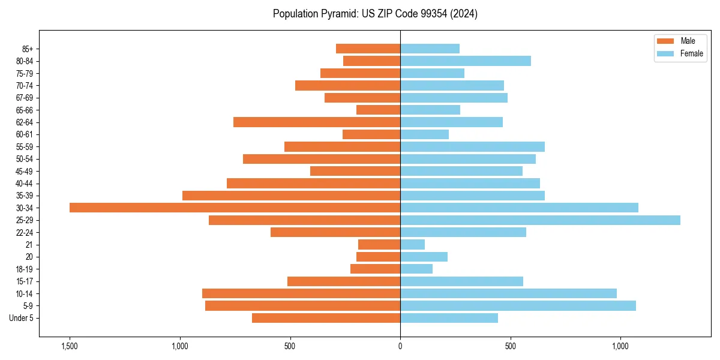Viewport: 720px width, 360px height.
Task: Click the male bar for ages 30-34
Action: pyautogui.click(x=235, y=208)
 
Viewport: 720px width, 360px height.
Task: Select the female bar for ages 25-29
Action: pyautogui.click(x=540, y=220)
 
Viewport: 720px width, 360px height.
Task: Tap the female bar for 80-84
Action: pyautogui.click(x=466, y=61)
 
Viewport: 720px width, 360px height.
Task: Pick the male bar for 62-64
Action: pyautogui.click(x=317, y=122)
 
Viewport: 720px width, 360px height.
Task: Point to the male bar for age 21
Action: pyautogui.click(x=379, y=245)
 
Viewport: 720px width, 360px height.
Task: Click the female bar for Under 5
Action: pyautogui.click(x=449, y=318)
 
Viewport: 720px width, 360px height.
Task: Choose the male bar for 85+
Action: pyautogui.click(x=368, y=49)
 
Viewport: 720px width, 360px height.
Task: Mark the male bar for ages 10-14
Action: pyautogui.click(x=301, y=293)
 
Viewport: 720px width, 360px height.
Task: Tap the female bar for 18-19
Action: pyautogui.click(x=416, y=269)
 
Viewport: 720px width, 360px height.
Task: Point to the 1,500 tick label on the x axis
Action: pyautogui.click(x=70, y=346)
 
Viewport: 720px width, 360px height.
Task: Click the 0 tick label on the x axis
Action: pyautogui.click(x=400, y=346)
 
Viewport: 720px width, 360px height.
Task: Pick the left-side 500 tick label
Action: pyautogui.click(x=290, y=346)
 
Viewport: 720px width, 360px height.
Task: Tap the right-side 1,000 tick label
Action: pyautogui.click(x=620, y=346)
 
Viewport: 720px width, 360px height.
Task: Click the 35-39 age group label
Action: pyautogui.click(x=25, y=196)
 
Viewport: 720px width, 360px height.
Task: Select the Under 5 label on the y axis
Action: pyautogui.click(x=22, y=318)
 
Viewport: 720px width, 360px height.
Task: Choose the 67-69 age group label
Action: pyautogui.click(x=25, y=98)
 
